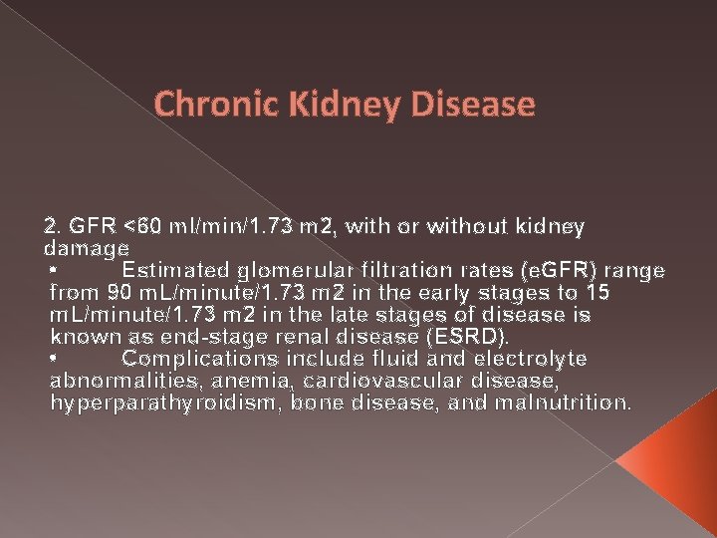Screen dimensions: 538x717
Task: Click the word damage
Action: click(87, 248)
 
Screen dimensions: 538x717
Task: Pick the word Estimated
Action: click(174, 271)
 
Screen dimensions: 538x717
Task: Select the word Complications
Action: click(199, 359)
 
